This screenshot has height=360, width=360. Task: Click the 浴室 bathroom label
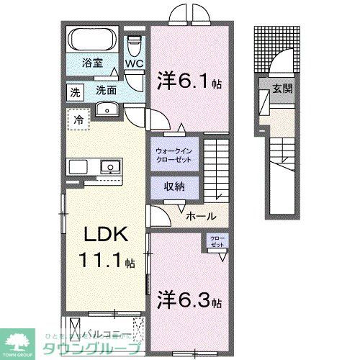pos(92,63)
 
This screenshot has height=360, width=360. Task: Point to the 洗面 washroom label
pos(107,91)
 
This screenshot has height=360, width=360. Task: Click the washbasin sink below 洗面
pos(107,109)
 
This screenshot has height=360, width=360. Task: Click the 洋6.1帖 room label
pos(189,82)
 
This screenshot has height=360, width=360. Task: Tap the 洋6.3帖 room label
pos(189,297)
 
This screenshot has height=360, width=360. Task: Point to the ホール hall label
pos(199,215)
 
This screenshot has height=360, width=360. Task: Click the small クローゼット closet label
pos(217,241)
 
